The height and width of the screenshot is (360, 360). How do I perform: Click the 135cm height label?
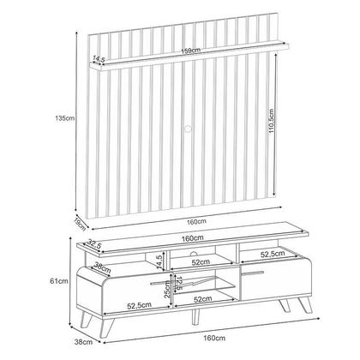tap(65, 117)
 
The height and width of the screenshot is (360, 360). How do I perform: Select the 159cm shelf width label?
tap(191, 51)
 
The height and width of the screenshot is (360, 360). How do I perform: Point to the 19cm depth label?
tap(80, 224)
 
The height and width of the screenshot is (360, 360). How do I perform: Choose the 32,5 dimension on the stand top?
tap(94, 244)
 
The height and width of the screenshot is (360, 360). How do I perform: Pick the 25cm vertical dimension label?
tap(167, 289)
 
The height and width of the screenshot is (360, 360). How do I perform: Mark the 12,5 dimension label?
tap(178, 284)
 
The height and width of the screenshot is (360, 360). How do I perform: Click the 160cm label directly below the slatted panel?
tap(196, 221)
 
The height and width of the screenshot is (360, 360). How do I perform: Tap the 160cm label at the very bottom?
tap(214, 338)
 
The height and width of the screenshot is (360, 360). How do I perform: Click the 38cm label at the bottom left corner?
tap(83, 341)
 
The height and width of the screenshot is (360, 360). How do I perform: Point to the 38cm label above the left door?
tap(102, 268)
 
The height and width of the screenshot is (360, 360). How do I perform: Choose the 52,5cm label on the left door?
tap(139, 305)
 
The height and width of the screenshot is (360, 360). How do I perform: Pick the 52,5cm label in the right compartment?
tap(273, 254)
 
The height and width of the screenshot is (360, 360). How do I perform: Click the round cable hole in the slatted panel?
tap(188, 128)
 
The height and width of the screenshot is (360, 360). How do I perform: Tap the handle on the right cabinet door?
tap(252, 273)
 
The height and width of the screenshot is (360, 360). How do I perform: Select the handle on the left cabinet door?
tap(161, 283)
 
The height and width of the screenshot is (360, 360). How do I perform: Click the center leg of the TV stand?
tap(195, 316)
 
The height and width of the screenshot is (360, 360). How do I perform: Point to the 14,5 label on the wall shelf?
tap(99, 59)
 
